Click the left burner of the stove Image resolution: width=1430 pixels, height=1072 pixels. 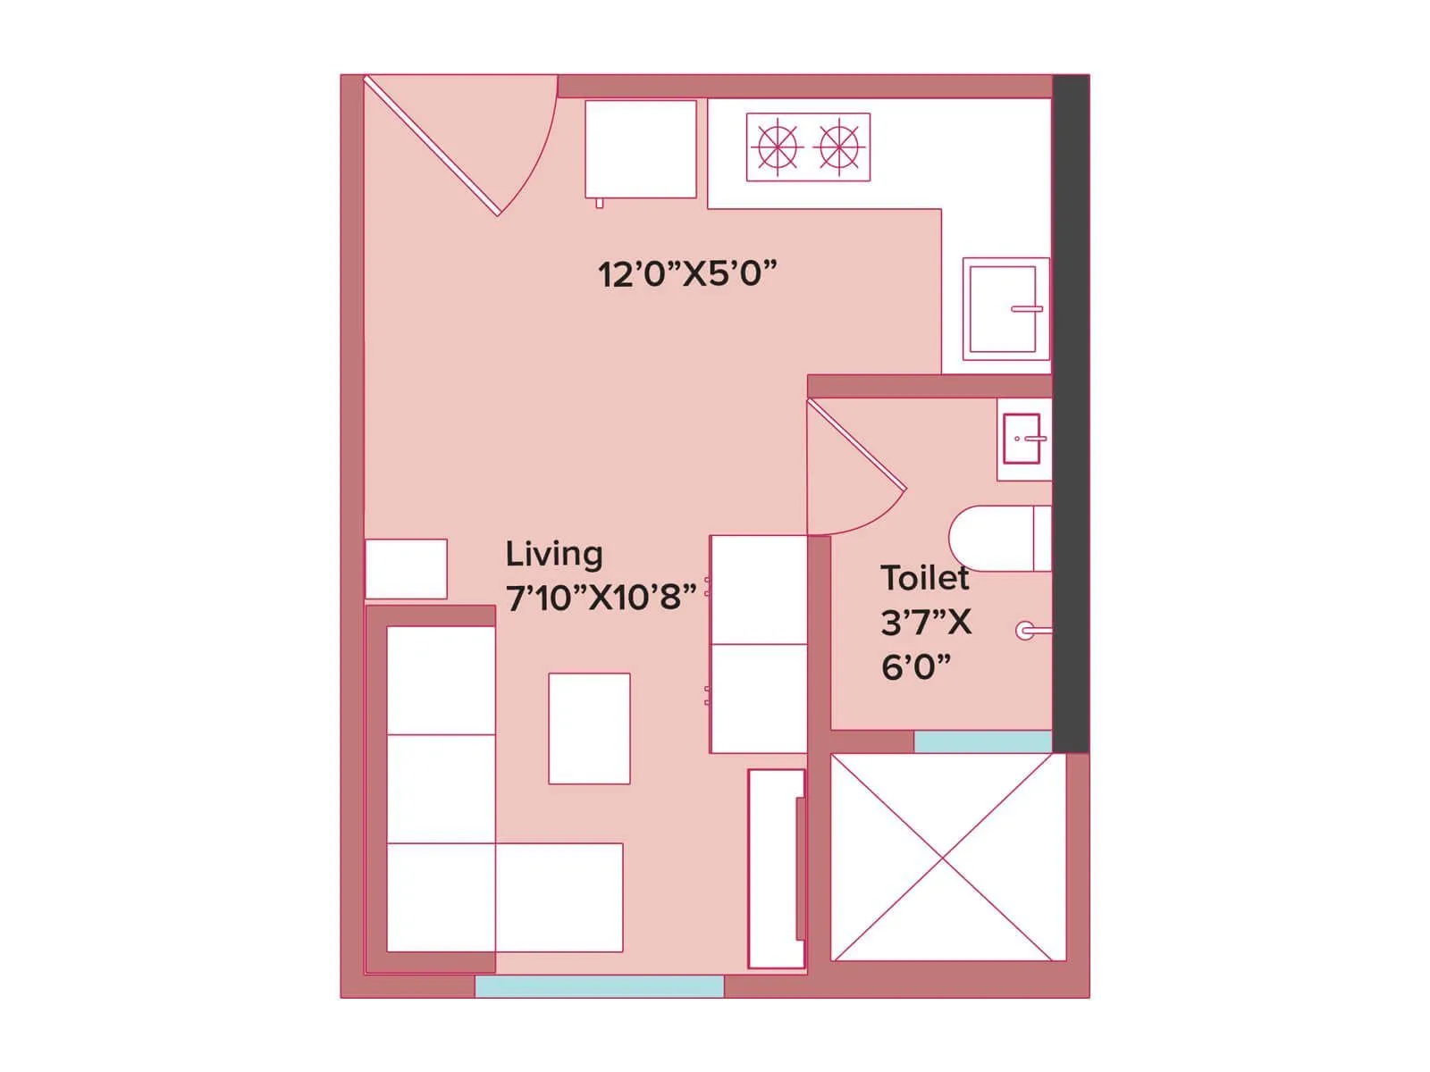(x=777, y=147)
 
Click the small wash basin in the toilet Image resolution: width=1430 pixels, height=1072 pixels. (x=1022, y=439)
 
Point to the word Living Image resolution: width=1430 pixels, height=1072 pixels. (x=554, y=555)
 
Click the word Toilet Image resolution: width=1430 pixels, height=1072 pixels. (x=924, y=579)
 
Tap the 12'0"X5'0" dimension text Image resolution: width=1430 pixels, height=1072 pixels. (x=687, y=273)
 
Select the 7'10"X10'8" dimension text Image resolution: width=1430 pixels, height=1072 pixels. (x=601, y=598)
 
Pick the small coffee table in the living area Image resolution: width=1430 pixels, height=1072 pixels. (x=589, y=729)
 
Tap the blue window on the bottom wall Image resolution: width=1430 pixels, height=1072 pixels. (x=599, y=986)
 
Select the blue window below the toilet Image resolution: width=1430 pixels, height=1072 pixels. (x=982, y=741)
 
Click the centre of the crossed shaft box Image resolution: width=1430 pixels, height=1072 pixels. (x=944, y=858)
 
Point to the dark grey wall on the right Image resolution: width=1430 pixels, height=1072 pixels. (x=1070, y=411)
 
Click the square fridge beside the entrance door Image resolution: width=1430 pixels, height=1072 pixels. (x=641, y=149)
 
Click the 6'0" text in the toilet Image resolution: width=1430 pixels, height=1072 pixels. (x=915, y=667)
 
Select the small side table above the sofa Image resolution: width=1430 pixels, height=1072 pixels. (x=406, y=568)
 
